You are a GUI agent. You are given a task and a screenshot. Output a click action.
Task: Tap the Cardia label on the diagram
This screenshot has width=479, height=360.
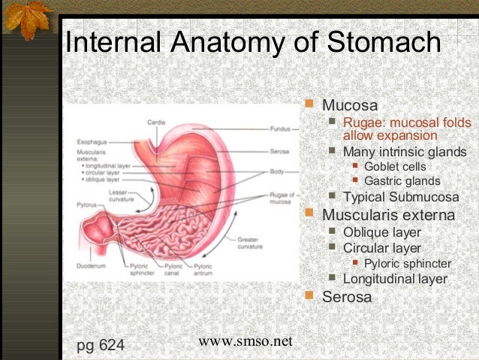[x=155, y=122]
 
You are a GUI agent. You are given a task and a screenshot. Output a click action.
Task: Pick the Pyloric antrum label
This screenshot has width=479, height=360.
[x=203, y=270]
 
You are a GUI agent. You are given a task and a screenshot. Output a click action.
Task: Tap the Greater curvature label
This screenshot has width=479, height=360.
[x=250, y=244]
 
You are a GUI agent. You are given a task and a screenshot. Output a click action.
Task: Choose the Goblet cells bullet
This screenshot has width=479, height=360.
[x=394, y=166]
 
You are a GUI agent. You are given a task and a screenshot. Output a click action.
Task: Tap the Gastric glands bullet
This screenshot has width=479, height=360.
[x=402, y=181]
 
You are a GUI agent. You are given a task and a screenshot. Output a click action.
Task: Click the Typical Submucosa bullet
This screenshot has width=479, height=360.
[x=400, y=198]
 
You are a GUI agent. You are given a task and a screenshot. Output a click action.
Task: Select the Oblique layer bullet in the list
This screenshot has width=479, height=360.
[x=381, y=232]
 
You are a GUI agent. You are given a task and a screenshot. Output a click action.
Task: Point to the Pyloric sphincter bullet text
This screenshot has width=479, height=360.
[x=407, y=264]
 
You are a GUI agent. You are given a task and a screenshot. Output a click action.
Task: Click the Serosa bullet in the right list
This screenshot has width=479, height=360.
[x=346, y=297]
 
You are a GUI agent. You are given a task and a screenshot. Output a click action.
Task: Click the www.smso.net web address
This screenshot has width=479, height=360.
[x=245, y=341]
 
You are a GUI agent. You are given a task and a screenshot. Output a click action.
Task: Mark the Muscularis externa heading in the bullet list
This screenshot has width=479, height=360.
[x=388, y=216]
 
